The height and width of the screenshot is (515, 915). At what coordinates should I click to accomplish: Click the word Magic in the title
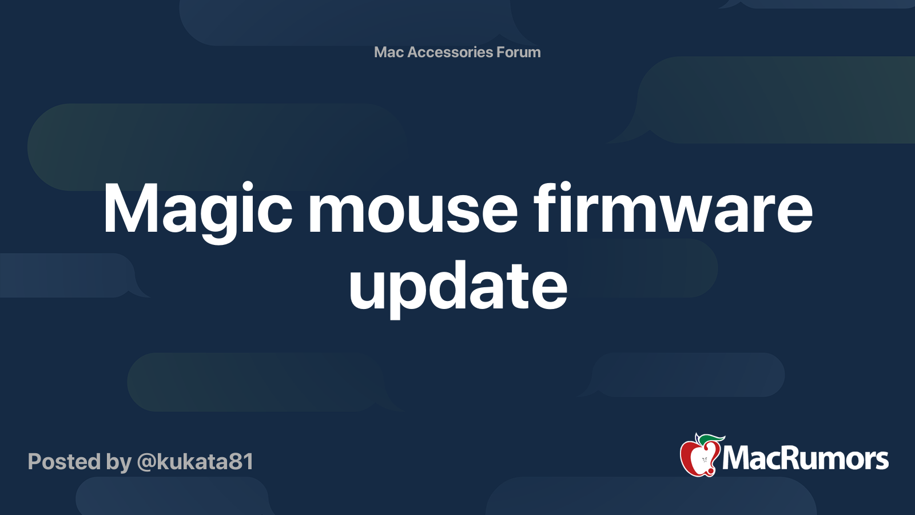point(197,209)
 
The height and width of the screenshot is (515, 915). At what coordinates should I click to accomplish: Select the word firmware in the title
point(673,209)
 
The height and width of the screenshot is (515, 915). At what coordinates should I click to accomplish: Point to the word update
point(457,286)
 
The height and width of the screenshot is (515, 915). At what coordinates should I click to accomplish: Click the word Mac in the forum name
point(389,52)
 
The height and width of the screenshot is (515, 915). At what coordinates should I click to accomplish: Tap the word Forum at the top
point(519,52)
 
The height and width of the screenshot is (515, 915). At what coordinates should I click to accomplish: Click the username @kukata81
point(195,462)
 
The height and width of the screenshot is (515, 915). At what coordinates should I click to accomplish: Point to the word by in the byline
point(119,462)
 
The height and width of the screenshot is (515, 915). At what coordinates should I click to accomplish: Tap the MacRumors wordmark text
point(805,458)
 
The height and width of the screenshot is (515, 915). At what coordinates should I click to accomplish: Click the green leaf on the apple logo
point(710,440)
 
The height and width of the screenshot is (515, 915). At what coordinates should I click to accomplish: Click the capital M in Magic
point(129,209)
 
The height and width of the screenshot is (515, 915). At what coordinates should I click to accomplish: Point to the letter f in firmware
point(544,207)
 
